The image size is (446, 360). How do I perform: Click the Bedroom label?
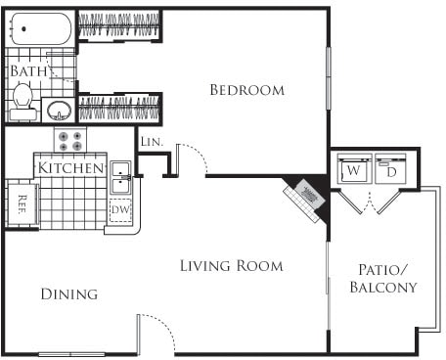[247, 90]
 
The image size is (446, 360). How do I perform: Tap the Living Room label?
[232, 265]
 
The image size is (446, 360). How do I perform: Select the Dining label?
[68, 293]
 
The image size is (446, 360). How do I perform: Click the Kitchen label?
[70, 168]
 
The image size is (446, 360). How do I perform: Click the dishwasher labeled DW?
[120, 210]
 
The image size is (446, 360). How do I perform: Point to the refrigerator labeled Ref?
[22, 203]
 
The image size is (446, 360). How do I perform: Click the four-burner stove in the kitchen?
[69, 141]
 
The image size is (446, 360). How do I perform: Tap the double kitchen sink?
[121, 178]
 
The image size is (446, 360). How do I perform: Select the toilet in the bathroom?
[23, 98]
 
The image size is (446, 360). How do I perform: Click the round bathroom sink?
[59, 108]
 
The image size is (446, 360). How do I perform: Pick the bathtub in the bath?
[39, 29]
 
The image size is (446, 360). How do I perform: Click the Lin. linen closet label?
[151, 143]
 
